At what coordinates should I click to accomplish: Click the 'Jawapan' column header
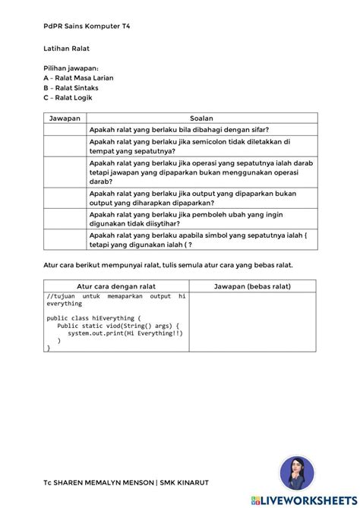click(65, 118)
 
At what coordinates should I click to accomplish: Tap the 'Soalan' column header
click(201, 118)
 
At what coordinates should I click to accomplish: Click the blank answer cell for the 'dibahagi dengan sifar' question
click(65, 129)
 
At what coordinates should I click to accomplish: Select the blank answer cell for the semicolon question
click(65, 146)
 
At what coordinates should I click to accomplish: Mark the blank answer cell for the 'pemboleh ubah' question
click(65, 219)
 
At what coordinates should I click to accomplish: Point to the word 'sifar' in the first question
click(261, 129)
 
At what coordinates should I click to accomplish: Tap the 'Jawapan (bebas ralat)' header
click(252, 286)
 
